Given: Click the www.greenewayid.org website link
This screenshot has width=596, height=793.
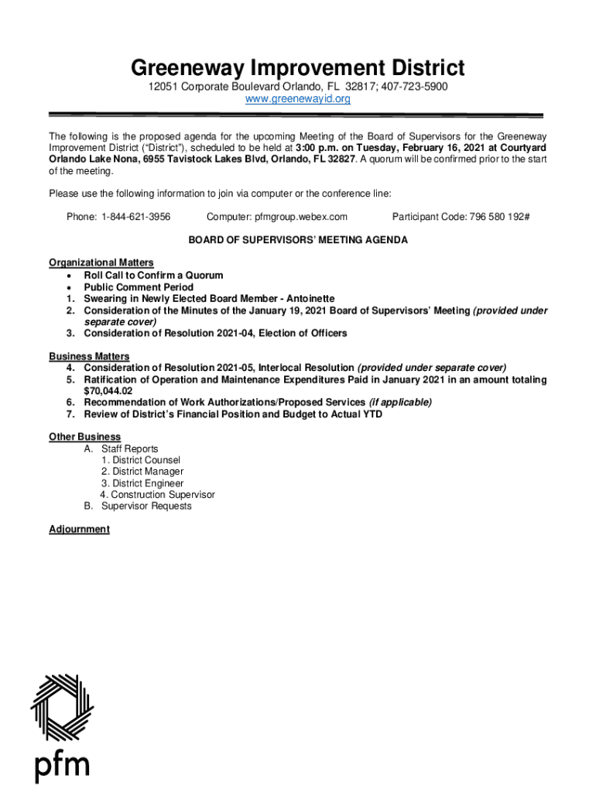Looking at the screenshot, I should click(x=298, y=99).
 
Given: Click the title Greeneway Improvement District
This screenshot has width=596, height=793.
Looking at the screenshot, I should click(x=298, y=67).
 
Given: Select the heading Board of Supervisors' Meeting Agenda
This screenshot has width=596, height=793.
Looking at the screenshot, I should click(x=298, y=240).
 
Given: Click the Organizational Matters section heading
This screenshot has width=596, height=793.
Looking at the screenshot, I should click(x=101, y=263).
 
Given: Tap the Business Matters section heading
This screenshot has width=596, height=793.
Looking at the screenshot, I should click(x=89, y=356).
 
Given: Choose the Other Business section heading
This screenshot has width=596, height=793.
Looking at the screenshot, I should click(x=84, y=438).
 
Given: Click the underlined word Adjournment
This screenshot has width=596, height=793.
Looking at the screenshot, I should click(x=79, y=530).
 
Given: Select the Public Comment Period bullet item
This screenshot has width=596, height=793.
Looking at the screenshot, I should click(x=139, y=287).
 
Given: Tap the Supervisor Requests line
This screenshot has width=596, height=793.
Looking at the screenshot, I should click(x=146, y=506).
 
